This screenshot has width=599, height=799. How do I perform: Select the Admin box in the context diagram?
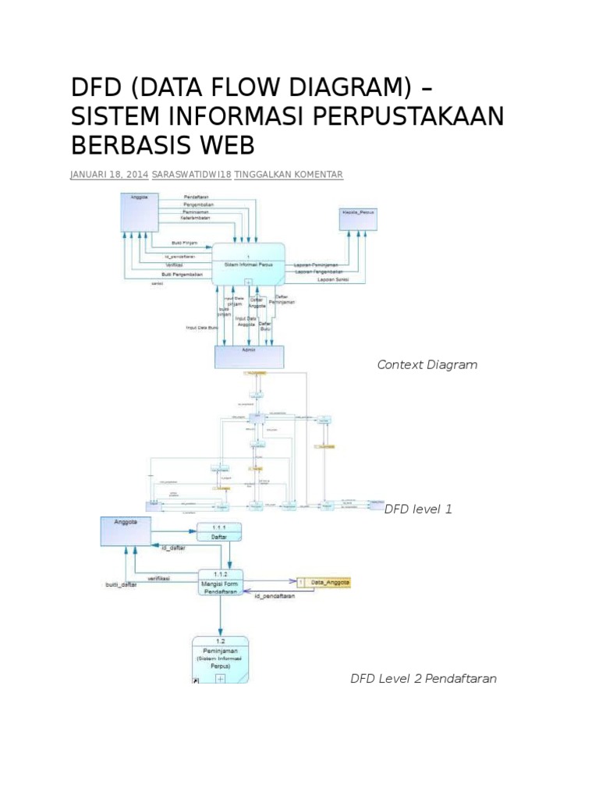250,356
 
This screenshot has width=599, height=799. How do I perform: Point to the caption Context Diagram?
427,364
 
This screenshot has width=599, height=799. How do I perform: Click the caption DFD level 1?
418,509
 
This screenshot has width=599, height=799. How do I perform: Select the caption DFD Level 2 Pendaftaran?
423,678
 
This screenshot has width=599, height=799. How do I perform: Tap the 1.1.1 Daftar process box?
219,531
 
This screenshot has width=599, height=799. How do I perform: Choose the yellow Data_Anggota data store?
324,583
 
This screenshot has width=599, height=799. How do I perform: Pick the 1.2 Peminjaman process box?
220,659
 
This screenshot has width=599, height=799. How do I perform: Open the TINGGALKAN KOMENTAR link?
289,175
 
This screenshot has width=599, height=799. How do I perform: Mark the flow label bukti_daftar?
121,585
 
